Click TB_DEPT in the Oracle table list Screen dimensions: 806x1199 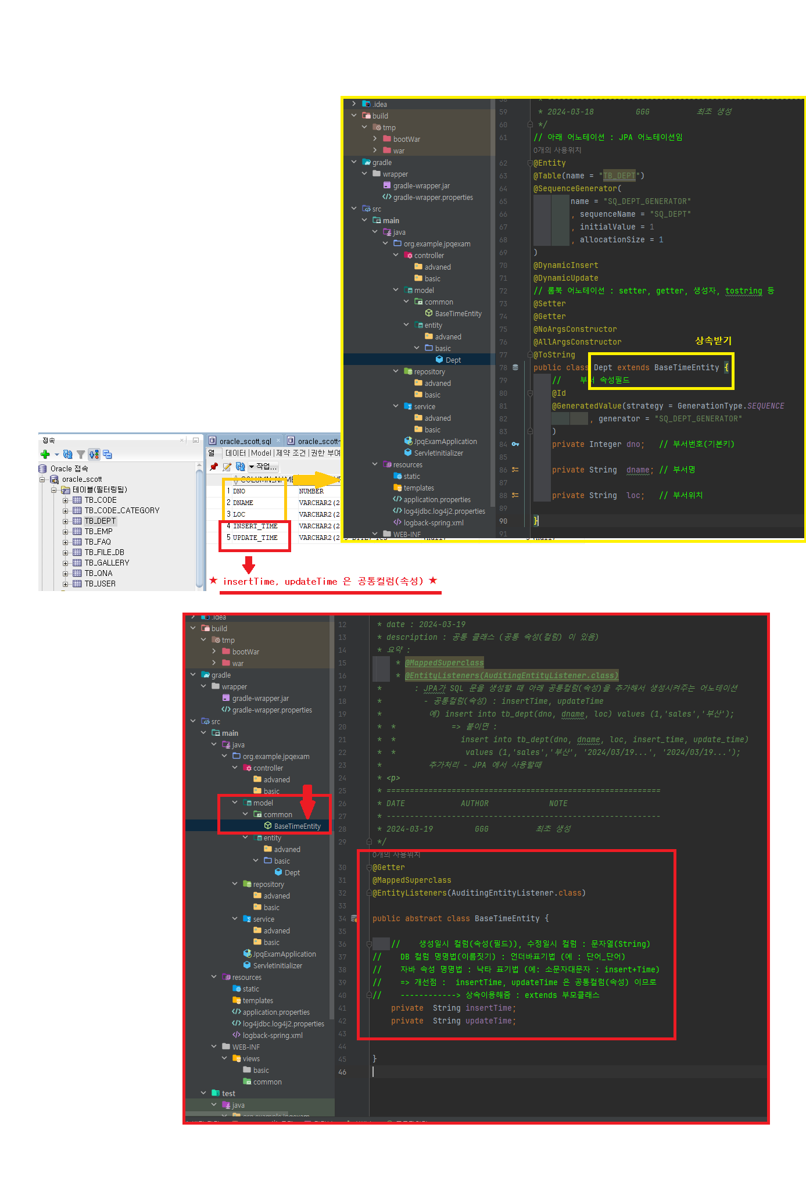tap(100, 521)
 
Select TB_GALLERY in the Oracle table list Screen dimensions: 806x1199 tap(107, 563)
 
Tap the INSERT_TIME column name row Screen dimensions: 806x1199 tap(255, 526)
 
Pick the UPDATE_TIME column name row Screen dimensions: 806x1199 tap(255, 538)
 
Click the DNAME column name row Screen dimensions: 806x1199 tap(243, 503)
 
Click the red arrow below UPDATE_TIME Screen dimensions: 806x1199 tap(249, 564)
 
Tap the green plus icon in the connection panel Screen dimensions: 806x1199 tap(45, 454)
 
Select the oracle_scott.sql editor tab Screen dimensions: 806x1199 tap(245, 441)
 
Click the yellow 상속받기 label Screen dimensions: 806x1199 tap(713, 341)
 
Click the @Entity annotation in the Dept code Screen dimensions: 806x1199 tap(549, 163)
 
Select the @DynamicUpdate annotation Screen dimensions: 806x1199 tap(565, 278)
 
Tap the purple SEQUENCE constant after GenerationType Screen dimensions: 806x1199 tap(765, 406)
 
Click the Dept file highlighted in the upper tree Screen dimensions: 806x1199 tap(453, 360)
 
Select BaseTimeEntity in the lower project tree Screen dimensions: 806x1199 tap(297, 826)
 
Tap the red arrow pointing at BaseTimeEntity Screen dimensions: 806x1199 tap(307, 802)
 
